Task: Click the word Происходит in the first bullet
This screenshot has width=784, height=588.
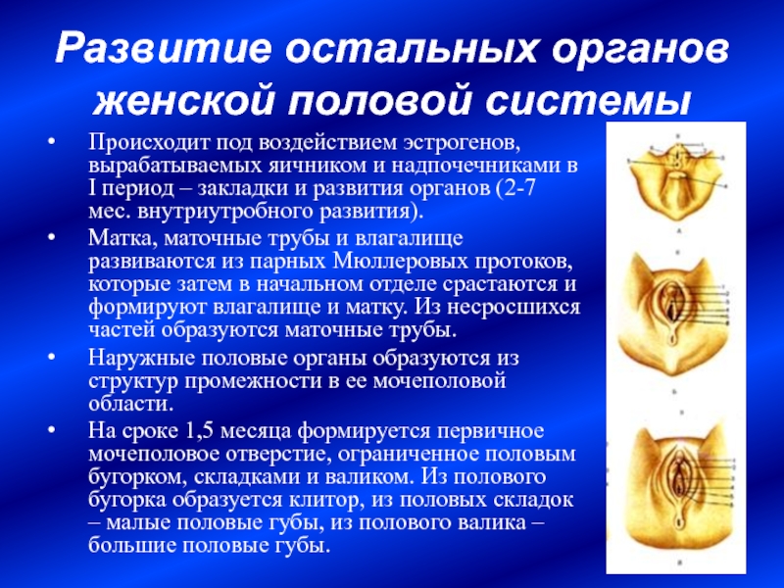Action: pos(149,143)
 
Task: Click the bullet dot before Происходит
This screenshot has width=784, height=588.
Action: pos(52,143)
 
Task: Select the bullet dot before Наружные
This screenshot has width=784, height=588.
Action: pos(52,358)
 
